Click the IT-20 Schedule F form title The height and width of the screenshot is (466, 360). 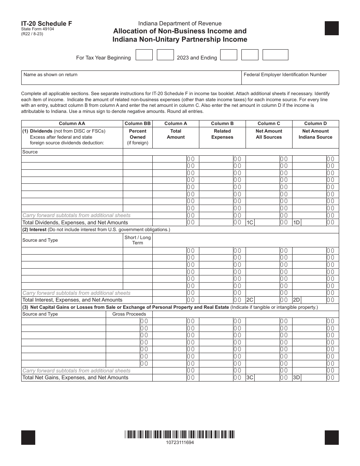click(x=47, y=23)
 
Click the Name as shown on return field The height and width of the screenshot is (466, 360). click(x=131, y=78)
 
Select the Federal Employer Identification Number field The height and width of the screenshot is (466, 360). click(x=290, y=78)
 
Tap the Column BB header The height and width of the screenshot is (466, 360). click(x=138, y=124)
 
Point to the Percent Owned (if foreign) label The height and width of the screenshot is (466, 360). click(x=138, y=137)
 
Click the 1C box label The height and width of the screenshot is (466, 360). click(x=250, y=223)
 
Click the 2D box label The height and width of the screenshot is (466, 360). click(x=296, y=300)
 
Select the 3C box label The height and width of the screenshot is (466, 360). click(x=250, y=378)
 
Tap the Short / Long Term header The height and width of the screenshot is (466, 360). click(x=138, y=240)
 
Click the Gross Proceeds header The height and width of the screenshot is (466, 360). click(x=129, y=314)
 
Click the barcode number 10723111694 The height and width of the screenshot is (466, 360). click(x=180, y=442)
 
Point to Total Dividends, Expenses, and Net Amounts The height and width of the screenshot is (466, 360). click(x=75, y=223)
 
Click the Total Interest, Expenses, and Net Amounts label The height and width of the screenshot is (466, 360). click(x=72, y=300)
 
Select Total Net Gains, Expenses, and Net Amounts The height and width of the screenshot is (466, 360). click(x=75, y=378)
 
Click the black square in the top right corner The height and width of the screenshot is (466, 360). click(x=332, y=28)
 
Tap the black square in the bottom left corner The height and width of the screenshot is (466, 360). click(x=28, y=437)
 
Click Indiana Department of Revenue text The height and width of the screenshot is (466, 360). click(x=180, y=23)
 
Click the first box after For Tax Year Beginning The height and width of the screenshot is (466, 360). click(x=144, y=55)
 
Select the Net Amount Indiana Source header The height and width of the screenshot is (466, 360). click(x=315, y=134)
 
